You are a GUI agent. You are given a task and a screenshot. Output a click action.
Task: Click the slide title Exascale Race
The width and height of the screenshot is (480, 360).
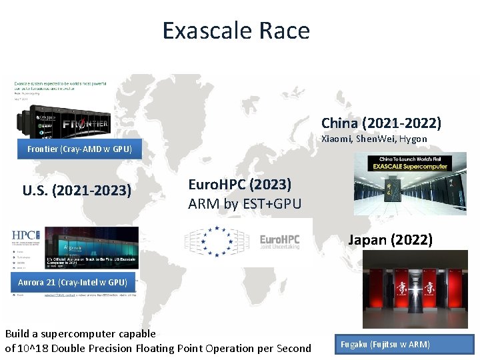click(236, 31)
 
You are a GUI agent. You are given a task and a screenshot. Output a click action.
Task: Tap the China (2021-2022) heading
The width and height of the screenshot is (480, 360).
click(381, 123)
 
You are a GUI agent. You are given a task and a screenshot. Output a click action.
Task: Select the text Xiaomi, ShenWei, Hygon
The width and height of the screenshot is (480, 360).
click(374, 139)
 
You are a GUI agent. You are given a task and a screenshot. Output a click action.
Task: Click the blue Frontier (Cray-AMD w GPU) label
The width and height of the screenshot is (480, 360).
click(79, 149)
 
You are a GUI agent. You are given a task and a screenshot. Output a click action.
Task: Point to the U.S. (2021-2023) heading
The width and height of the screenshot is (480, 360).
click(77, 191)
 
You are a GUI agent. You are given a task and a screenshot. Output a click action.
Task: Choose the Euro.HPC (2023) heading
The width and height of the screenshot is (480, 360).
click(240, 185)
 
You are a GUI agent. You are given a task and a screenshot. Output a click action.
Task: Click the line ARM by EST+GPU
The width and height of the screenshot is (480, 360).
click(245, 204)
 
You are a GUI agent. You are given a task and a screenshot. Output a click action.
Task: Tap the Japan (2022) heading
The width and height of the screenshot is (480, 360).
click(390, 239)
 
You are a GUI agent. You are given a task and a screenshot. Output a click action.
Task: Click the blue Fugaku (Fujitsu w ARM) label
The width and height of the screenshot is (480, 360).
click(385, 345)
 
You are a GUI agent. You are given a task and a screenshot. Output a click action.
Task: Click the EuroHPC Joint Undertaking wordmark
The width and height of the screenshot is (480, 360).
click(279, 241)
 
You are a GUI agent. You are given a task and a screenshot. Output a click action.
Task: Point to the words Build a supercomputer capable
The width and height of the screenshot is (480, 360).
click(80, 333)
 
